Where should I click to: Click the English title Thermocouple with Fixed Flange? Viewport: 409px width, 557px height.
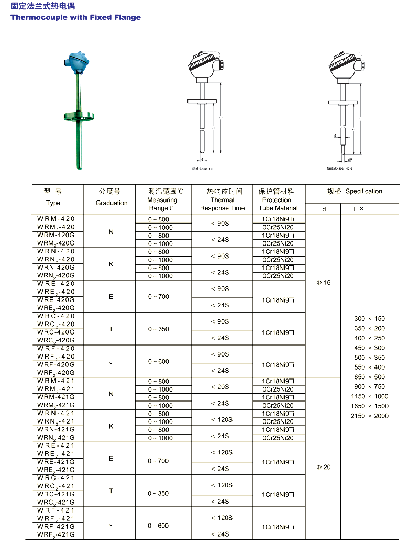[75, 17]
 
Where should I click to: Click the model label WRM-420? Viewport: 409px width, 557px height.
[56, 219]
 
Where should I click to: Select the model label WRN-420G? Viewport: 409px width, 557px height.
[56, 268]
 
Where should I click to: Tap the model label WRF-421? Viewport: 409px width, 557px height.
[56, 510]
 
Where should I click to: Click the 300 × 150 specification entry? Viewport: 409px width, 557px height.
[369, 319]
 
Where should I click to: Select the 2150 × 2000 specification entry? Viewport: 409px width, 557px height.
[369, 416]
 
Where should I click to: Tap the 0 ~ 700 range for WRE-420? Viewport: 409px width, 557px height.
[159, 297]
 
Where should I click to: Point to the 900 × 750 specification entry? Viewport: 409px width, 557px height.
[369, 387]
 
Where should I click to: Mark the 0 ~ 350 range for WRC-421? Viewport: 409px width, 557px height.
[159, 494]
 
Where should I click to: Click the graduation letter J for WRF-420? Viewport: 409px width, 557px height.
[111, 361]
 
